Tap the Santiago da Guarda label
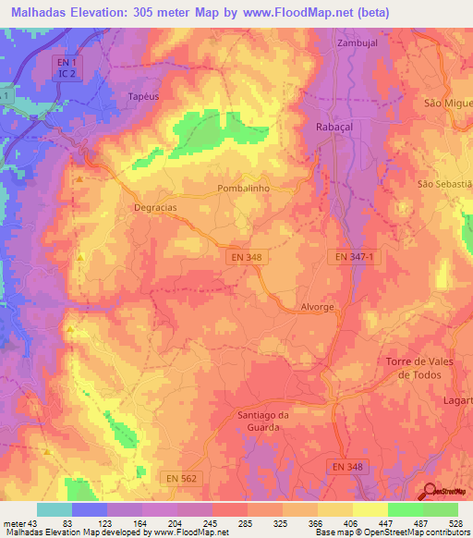click(x=263, y=421)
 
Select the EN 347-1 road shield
click(x=357, y=256)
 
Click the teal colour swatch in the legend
click(x=54, y=509)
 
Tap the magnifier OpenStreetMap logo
click(x=430, y=492)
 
